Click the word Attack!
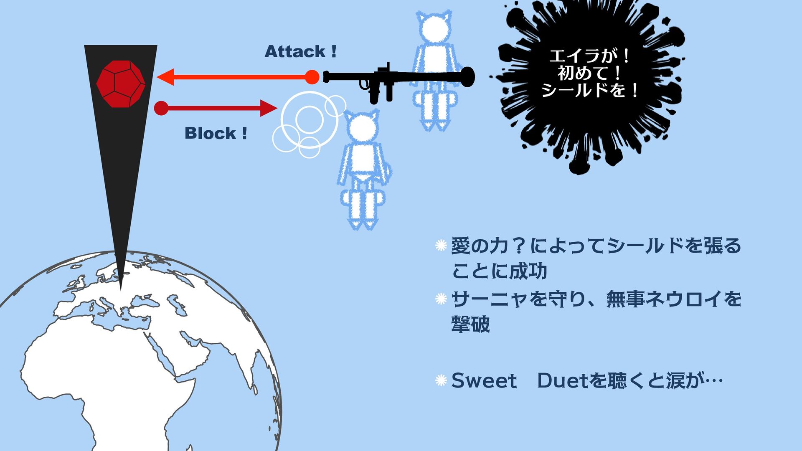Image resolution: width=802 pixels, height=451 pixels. point(300,52)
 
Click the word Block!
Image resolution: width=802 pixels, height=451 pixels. point(216,134)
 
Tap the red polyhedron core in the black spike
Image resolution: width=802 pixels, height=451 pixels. point(121,84)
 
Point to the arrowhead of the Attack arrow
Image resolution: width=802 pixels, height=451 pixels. point(165,77)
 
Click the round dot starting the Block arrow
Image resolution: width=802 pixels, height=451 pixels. point(161,108)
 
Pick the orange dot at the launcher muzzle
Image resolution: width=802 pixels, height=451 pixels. point(312,77)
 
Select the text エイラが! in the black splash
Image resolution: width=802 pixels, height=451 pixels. point(589,56)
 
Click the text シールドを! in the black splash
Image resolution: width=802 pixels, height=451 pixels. point(590,90)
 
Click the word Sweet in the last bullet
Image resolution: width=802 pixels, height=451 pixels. point(484,381)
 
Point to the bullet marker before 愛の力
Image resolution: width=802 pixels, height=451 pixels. point(441,246)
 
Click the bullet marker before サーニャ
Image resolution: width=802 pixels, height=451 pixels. point(441,299)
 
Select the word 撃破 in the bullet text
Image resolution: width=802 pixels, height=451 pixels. point(470,324)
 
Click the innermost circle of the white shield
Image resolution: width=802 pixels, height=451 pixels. point(309,119)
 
